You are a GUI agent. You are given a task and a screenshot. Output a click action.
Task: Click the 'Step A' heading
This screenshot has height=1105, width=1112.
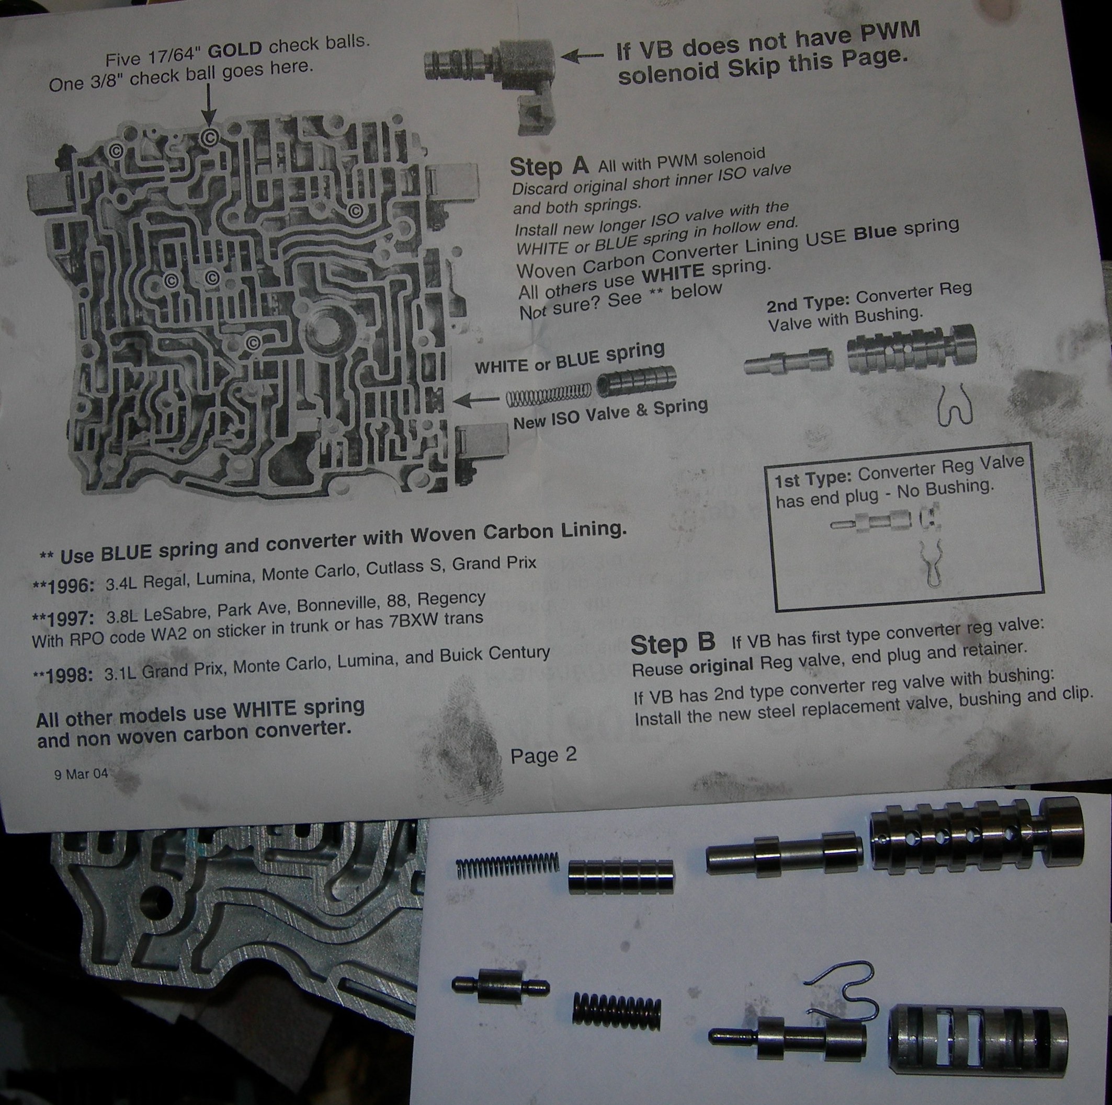coord(549,166)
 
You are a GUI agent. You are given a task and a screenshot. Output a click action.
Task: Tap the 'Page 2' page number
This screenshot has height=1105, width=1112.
coord(543,755)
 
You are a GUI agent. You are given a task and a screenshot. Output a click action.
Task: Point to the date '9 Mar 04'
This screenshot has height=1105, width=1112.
coord(81,774)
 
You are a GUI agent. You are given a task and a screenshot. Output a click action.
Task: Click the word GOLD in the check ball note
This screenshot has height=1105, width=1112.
coord(235,50)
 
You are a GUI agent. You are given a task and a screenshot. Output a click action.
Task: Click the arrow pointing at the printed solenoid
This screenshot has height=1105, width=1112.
coord(582,56)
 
